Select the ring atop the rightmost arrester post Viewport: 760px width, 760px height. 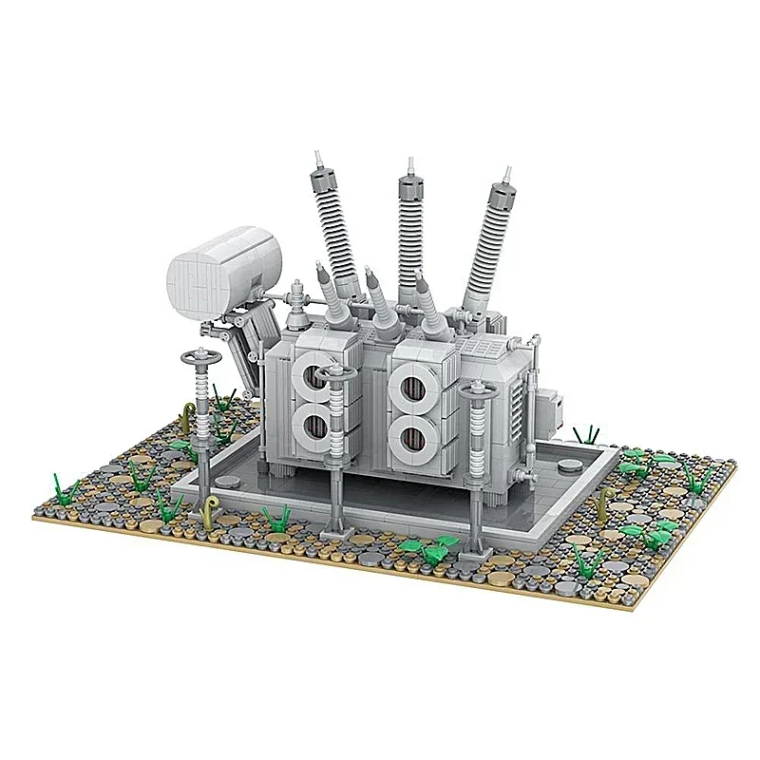click(475, 389)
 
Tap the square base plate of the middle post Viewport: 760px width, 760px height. click(336, 528)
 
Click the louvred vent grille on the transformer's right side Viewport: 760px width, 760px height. click(517, 404)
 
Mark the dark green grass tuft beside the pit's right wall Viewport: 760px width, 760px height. click(587, 435)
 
